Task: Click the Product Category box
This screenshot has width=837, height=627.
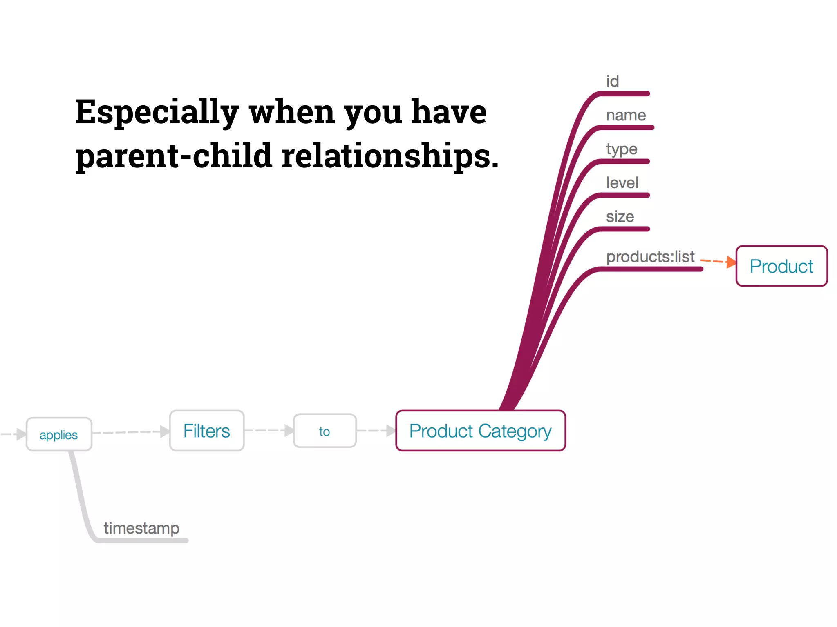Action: tap(480, 431)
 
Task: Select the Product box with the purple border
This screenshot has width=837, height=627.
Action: tap(781, 266)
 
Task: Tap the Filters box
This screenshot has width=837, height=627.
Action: tap(207, 431)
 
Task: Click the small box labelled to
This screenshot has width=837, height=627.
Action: tap(325, 431)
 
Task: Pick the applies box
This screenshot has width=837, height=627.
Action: tap(59, 434)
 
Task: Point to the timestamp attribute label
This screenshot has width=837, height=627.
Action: tap(141, 528)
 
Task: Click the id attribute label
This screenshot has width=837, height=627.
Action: tap(612, 81)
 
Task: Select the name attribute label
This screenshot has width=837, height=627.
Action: tap(626, 115)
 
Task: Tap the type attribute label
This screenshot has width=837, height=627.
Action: tap(621, 149)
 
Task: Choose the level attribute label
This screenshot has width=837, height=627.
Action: tap(622, 182)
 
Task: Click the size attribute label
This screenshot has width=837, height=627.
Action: tap(620, 216)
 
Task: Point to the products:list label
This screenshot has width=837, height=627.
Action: tap(650, 256)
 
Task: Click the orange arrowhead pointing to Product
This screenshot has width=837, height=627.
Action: tap(731, 262)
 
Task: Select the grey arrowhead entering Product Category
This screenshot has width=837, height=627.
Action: tap(391, 430)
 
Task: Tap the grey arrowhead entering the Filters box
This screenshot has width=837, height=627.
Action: tap(165, 431)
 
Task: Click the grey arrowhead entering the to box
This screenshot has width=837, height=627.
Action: tap(289, 430)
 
